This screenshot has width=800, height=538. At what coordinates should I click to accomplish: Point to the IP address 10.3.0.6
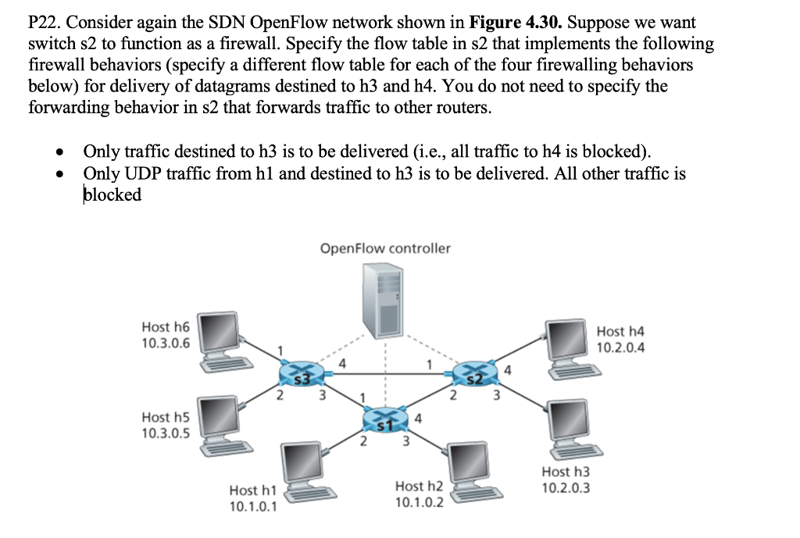tap(165, 343)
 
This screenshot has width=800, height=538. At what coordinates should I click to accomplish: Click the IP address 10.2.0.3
tap(566, 488)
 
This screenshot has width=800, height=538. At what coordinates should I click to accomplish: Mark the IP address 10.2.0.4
tap(620, 347)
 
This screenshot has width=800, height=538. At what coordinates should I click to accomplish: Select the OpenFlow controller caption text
tap(385, 248)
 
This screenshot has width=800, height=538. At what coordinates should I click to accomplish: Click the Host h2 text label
tap(420, 486)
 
